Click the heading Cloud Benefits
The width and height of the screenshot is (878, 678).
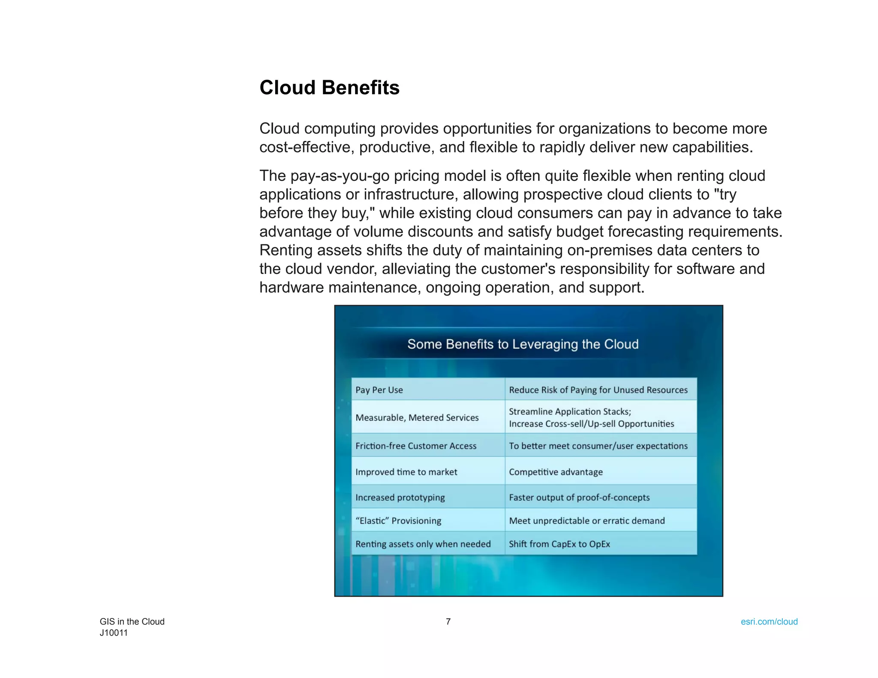[x=329, y=88]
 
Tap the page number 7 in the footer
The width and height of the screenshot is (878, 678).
[x=448, y=621]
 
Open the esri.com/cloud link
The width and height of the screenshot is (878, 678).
[x=769, y=621]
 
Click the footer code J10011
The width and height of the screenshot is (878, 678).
[x=114, y=633]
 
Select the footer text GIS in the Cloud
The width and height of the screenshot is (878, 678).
[x=132, y=621]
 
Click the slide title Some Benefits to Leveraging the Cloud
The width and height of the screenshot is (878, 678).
[x=523, y=344]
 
